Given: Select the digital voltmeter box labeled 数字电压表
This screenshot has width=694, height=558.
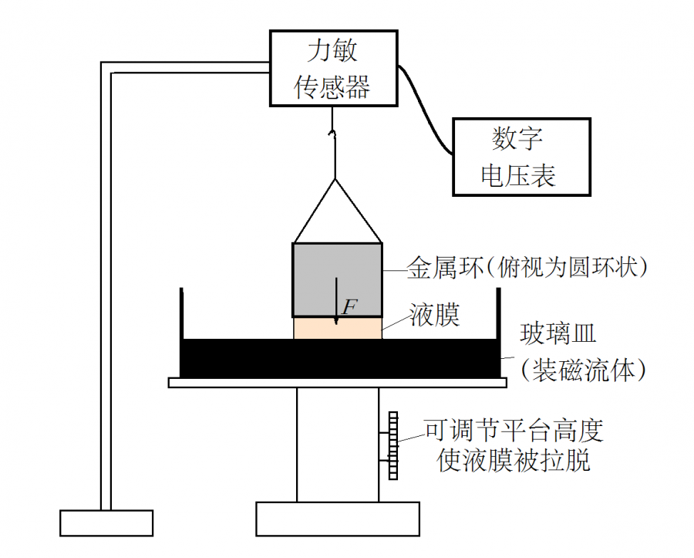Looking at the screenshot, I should click(520, 156).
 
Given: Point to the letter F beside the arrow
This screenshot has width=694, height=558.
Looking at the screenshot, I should click(349, 307).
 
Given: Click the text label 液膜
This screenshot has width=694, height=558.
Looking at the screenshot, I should click(434, 316).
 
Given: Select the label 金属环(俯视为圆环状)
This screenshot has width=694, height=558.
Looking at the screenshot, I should click(526, 267).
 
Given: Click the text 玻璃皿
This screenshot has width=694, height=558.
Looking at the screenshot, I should click(559, 336).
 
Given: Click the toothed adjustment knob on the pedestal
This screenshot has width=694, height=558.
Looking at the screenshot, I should click(394, 446).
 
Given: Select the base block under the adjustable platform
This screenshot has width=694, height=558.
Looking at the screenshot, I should click(337, 518).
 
